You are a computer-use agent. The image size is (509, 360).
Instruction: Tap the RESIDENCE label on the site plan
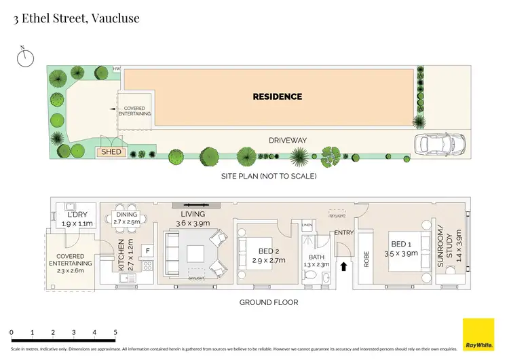click(277, 96)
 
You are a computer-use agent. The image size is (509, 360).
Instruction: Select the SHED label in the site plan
click(111, 151)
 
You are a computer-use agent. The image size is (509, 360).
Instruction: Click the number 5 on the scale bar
click(115, 332)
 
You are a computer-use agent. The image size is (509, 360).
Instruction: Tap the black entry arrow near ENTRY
click(343, 267)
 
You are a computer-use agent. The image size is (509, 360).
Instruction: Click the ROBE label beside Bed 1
click(366, 259)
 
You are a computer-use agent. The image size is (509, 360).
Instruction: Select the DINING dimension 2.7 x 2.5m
click(126, 221)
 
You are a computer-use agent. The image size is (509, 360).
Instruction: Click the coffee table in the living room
click(196, 252)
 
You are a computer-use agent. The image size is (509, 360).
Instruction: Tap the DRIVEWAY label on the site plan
click(288, 141)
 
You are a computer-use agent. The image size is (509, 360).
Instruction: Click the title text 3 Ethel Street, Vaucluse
click(76, 18)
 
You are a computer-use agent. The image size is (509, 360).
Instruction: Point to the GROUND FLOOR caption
click(269, 302)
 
